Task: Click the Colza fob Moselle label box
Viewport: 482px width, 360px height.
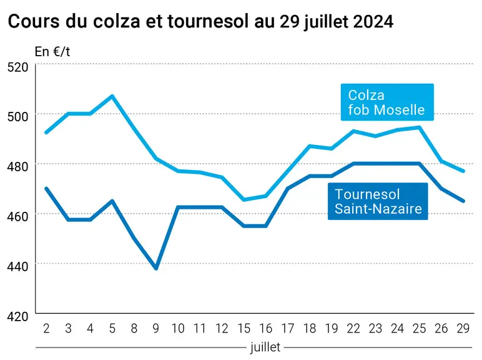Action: [387, 102]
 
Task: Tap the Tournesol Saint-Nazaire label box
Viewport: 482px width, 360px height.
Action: [378, 201]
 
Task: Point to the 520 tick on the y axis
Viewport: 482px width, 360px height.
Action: [17, 67]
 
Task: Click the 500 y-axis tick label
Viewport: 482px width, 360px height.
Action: [17, 117]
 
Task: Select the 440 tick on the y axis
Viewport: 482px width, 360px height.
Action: [17, 266]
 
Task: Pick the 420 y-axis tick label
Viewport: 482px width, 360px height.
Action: [17, 316]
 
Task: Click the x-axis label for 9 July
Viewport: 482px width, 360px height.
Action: [156, 329]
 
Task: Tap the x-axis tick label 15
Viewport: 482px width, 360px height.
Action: [243, 329]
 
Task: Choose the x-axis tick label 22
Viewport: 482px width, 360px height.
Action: [353, 329]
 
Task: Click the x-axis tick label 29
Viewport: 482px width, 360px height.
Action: [463, 329]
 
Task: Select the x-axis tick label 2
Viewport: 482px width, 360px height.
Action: [46, 329]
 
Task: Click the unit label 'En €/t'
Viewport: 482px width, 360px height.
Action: [52, 51]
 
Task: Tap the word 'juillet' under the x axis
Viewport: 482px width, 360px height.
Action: [265, 347]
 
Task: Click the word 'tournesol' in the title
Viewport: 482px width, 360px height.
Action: [208, 21]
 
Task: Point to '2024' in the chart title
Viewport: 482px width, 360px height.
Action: [373, 21]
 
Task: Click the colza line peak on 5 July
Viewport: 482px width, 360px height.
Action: [112, 96]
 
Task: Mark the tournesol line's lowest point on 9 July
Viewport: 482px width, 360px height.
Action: [156, 268]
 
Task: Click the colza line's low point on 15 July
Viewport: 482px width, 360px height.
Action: [243, 200]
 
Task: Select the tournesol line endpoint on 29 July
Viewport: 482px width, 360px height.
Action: [463, 201]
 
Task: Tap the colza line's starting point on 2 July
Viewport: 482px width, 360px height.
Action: [46, 132]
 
